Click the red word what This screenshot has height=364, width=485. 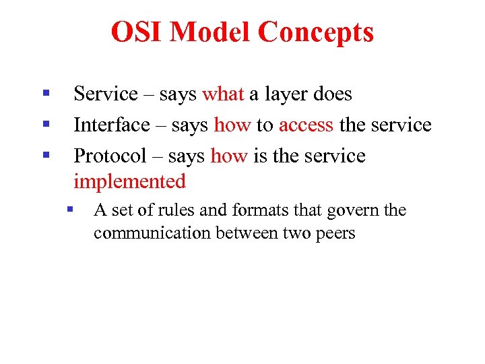click(x=223, y=94)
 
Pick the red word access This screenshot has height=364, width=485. click(x=306, y=125)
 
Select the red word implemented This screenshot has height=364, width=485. click(x=129, y=181)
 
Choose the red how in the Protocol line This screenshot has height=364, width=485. click(x=229, y=156)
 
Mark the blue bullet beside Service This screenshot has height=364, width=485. click(x=46, y=93)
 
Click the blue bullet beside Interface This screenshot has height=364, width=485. click(x=46, y=124)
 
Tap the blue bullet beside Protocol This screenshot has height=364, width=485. click(x=46, y=155)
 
